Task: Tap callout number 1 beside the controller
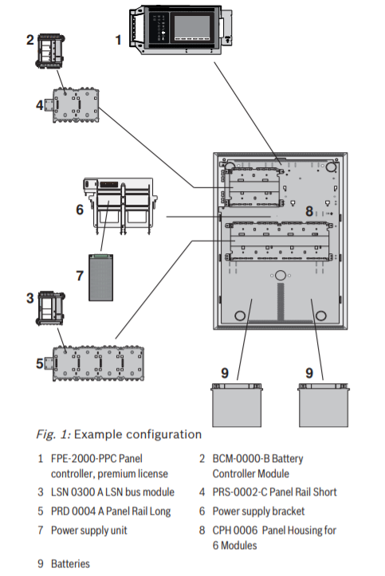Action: pos(119,38)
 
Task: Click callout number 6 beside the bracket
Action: pos(80,210)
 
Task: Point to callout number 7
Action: pos(79,276)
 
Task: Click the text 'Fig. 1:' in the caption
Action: pos(55,434)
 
